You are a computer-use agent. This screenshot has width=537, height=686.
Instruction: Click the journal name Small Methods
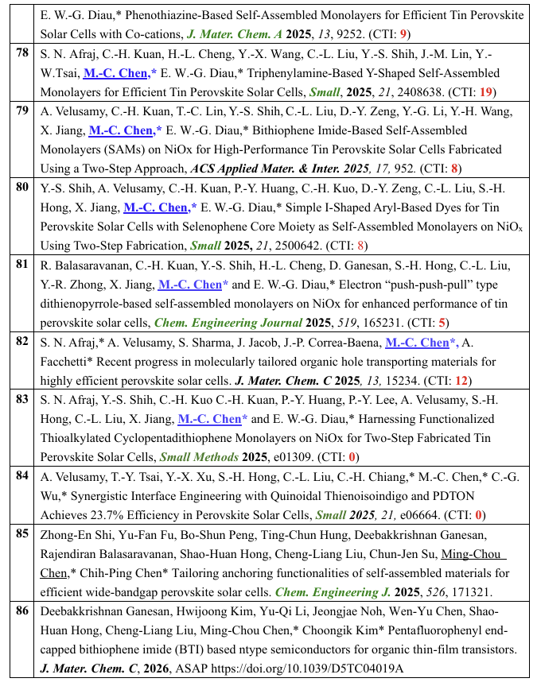point(198,457)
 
